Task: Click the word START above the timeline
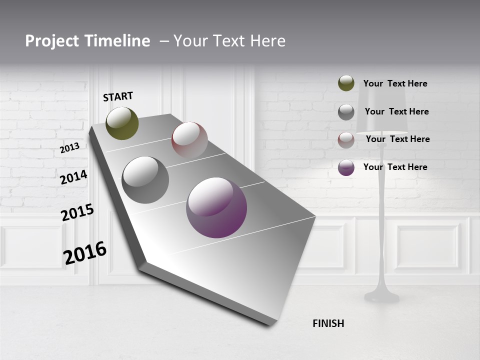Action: tap(118, 96)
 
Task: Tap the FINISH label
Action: tap(328, 323)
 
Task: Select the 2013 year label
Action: tap(69, 148)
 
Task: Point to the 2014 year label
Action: tap(73, 177)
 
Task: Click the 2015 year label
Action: tap(77, 212)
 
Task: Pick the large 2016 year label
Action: tap(85, 253)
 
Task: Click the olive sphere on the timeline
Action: tap(122, 123)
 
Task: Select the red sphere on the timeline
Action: tap(189, 140)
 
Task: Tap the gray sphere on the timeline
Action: tap(145, 180)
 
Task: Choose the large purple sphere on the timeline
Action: tap(216, 207)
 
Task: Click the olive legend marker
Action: tap(346, 83)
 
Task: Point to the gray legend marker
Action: tap(346, 112)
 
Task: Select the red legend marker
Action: tap(346, 140)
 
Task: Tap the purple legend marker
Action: tap(346, 167)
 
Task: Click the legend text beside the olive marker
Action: tap(395, 83)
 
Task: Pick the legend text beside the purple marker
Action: tap(395, 167)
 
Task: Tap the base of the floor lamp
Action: tap(381, 296)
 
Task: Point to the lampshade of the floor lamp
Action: tap(381, 107)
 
